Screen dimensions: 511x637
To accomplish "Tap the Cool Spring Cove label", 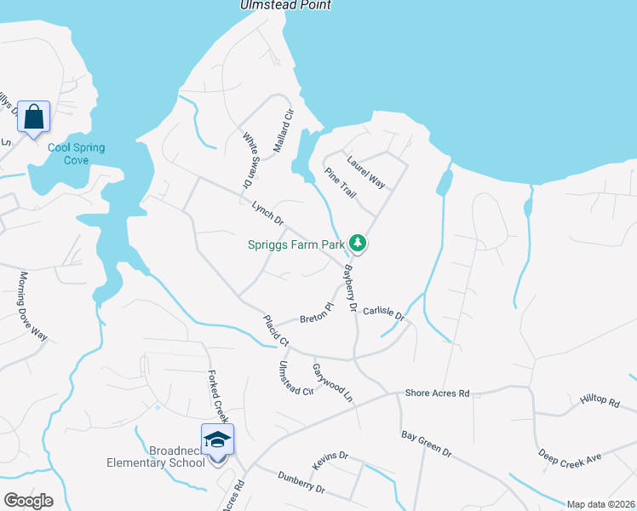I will [x=76, y=153].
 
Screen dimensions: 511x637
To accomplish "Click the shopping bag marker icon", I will [x=33, y=117].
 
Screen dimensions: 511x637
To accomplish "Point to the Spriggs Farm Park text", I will [x=296, y=244].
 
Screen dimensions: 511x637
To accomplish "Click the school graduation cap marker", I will [x=217, y=439].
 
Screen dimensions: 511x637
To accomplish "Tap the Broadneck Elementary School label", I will [x=155, y=456].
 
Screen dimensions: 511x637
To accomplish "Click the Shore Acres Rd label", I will [x=438, y=393].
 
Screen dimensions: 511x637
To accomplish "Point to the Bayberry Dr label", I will [x=349, y=289].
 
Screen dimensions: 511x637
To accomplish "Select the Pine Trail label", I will [x=340, y=183].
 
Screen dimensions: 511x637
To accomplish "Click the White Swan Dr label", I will [x=249, y=160].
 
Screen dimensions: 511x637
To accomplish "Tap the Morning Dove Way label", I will [x=32, y=305].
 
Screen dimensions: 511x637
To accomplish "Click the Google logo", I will [x=28, y=500].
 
